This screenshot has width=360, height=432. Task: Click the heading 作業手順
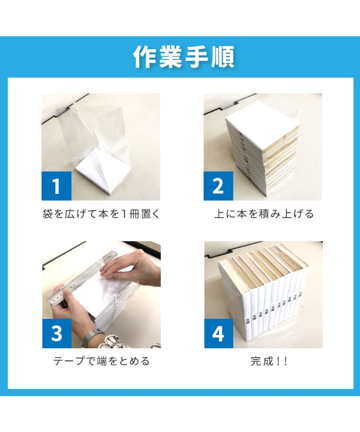(184, 57)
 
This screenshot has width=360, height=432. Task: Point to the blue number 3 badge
(56, 333)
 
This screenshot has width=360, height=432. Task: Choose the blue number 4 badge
(218, 333)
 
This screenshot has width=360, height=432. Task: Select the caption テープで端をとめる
(101, 361)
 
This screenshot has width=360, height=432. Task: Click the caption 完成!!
(269, 361)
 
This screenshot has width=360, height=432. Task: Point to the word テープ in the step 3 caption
(67, 361)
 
